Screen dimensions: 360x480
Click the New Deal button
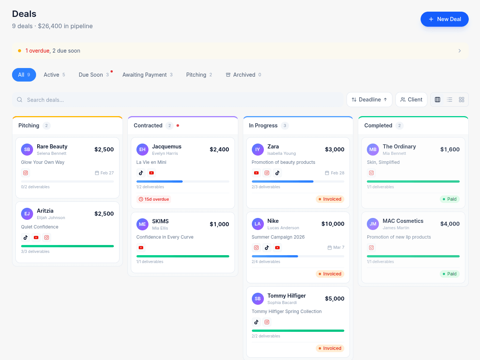coord(444,19)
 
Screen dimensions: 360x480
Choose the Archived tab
coord(244,75)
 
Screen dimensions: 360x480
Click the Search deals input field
coord(180,100)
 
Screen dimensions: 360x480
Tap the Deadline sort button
coord(369,100)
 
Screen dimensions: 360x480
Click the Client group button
coord(411,100)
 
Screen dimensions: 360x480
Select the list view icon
coord(450,100)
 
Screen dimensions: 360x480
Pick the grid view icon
coord(462,100)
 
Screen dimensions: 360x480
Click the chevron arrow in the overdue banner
coord(459,51)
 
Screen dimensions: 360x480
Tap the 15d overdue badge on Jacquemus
coord(154,199)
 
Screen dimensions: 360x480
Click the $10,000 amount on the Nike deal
coord(333,224)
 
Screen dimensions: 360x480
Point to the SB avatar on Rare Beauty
coord(27,150)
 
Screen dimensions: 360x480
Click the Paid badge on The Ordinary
coord(450,199)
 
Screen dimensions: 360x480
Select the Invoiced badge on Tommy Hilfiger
coord(330,348)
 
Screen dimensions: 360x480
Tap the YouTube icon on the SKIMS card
coord(141,248)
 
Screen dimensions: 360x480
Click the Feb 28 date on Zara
coord(335,173)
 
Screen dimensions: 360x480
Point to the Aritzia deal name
coord(45,211)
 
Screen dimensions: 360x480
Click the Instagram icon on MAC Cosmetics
coord(371,248)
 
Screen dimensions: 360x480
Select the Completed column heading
coord(378,126)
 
